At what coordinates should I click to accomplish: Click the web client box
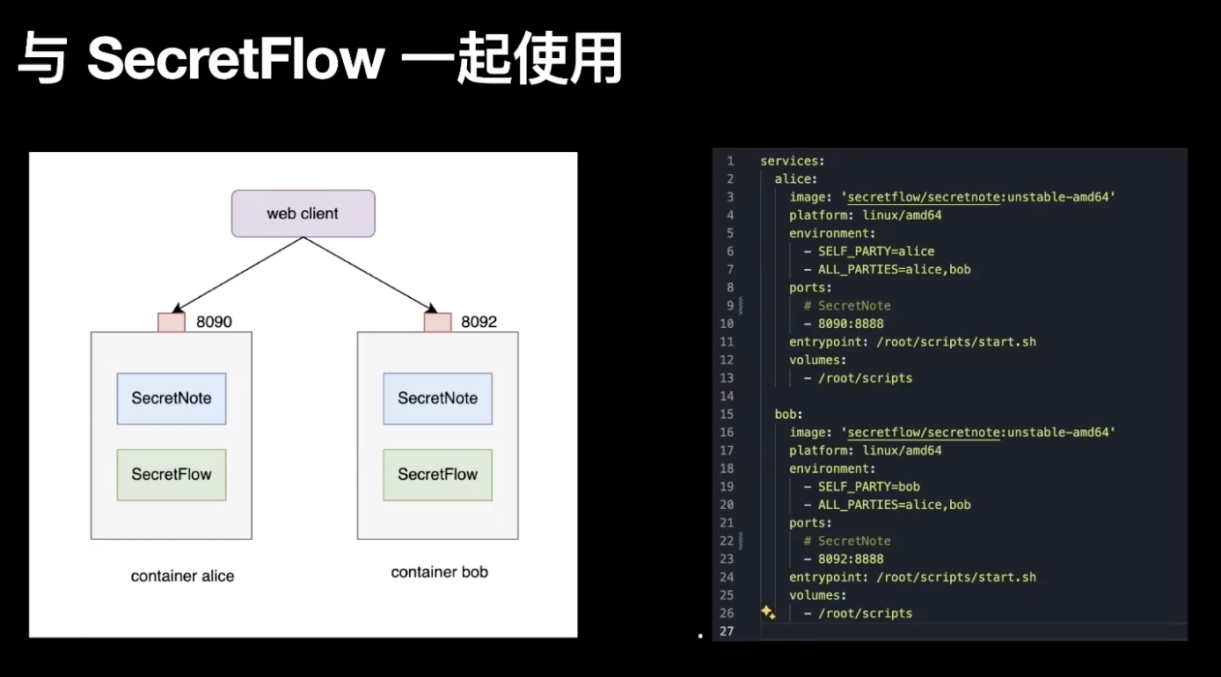(303, 214)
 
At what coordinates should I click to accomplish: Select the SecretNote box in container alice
(172, 398)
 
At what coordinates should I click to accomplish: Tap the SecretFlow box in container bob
(437, 475)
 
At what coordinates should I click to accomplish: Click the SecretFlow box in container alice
(172, 475)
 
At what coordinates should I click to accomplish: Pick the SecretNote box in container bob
(437, 398)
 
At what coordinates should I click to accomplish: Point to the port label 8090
(214, 322)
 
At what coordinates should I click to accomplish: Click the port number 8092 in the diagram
(479, 322)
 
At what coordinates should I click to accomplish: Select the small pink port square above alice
(172, 322)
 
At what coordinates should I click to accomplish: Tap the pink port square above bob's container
(437, 322)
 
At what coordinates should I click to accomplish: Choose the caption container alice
(182, 576)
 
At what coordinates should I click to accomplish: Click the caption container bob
(439, 572)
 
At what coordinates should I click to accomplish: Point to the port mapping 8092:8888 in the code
(850, 559)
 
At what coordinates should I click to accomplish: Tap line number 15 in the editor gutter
(727, 414)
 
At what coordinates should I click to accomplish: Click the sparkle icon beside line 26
(767, 613)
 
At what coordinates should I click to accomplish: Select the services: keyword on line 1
(791, 161)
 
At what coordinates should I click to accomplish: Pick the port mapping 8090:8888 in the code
(850, 324)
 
